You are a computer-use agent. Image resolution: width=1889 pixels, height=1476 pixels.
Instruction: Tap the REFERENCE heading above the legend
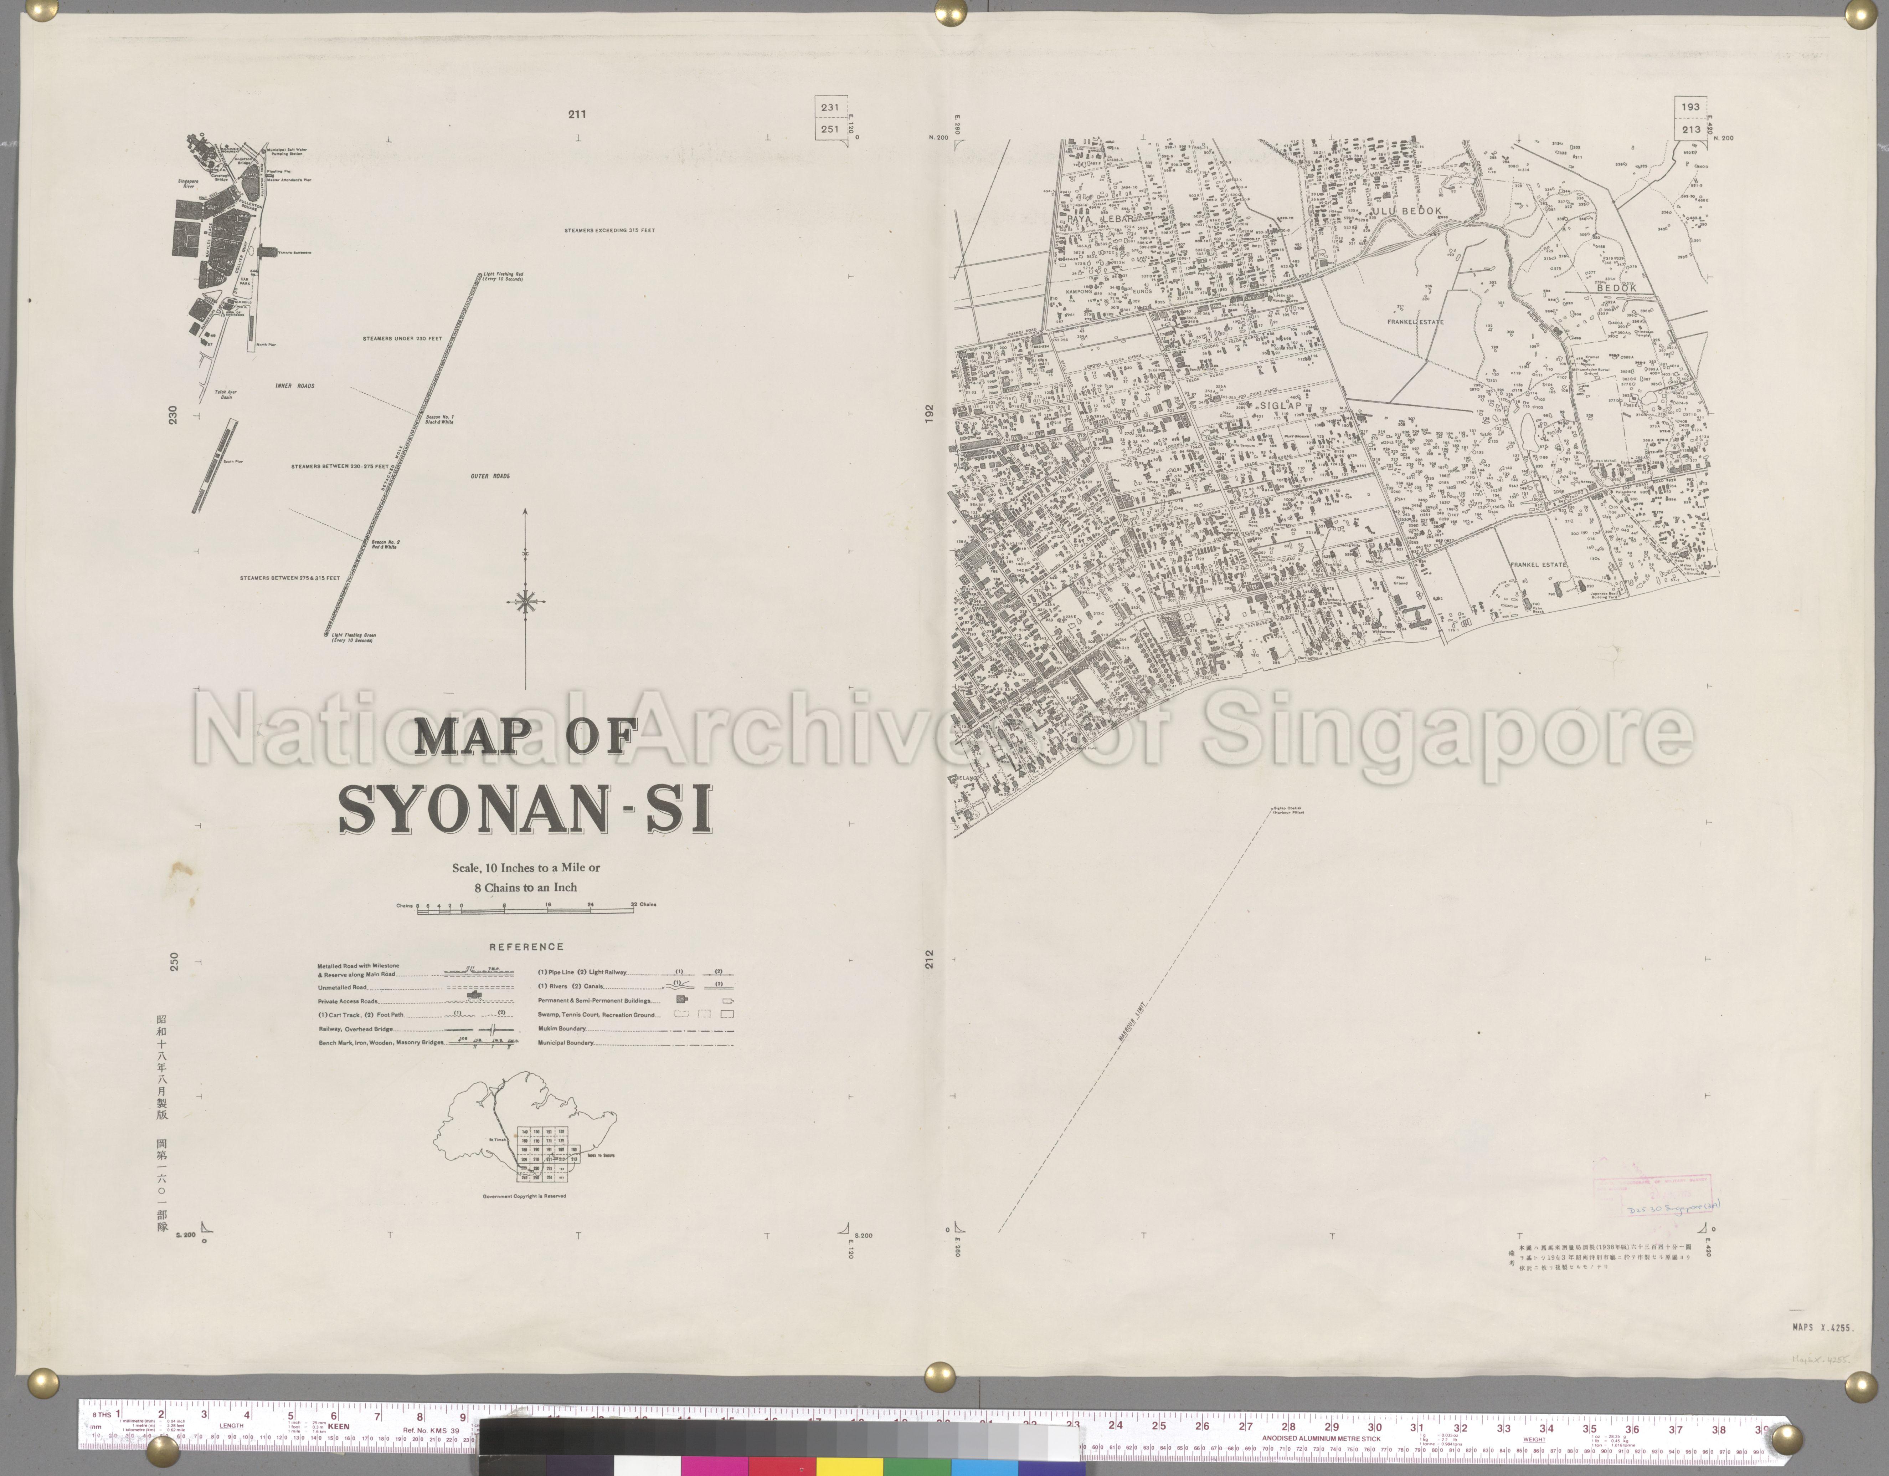526,946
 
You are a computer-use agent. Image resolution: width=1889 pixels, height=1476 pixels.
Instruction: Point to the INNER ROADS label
295,386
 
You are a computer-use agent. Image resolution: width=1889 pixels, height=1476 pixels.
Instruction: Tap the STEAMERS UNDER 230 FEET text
402,338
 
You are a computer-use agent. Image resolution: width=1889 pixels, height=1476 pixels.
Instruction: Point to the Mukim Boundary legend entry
562,1029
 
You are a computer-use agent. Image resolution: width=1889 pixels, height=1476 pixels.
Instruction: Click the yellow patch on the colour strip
850,1466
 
